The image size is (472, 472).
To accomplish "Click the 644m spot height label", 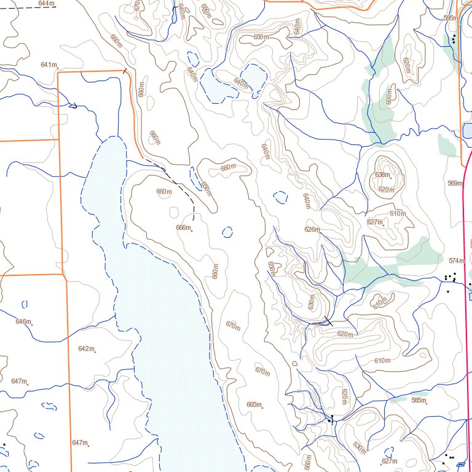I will (45, 4).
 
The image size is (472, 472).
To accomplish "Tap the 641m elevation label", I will (49, 65).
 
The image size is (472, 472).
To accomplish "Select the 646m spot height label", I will (23, 321).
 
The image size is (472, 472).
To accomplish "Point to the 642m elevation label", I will (86, 348).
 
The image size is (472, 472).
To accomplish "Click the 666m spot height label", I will (183, 227).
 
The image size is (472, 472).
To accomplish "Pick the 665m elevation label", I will (254, 404).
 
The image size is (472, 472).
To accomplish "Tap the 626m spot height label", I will (312, 229).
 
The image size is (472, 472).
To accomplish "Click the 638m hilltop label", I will (382, 175).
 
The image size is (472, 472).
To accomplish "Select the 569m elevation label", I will (455, 183).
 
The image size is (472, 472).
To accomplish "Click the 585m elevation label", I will (419, 400).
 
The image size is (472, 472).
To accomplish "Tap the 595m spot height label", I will (450, 18).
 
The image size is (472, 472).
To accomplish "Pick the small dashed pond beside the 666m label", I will (227, 232).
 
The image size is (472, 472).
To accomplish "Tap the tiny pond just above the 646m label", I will (25, 304).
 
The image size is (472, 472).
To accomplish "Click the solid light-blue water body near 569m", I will (467, 130).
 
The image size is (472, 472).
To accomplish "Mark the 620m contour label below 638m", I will (386, 189).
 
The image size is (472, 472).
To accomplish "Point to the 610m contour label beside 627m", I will (398, 213).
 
